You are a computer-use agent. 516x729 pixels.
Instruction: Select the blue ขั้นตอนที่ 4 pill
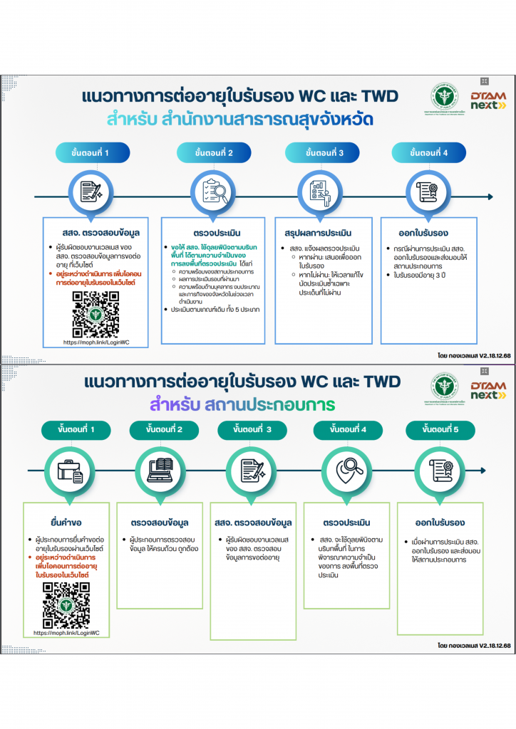(429, 153)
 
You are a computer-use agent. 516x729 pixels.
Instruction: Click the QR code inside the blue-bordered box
(96, 314)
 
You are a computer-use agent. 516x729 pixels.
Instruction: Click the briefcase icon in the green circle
(70, 469)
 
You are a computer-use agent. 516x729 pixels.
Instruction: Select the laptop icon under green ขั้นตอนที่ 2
(163, 469)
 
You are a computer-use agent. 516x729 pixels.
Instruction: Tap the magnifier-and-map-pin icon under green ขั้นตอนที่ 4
(349, 469)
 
